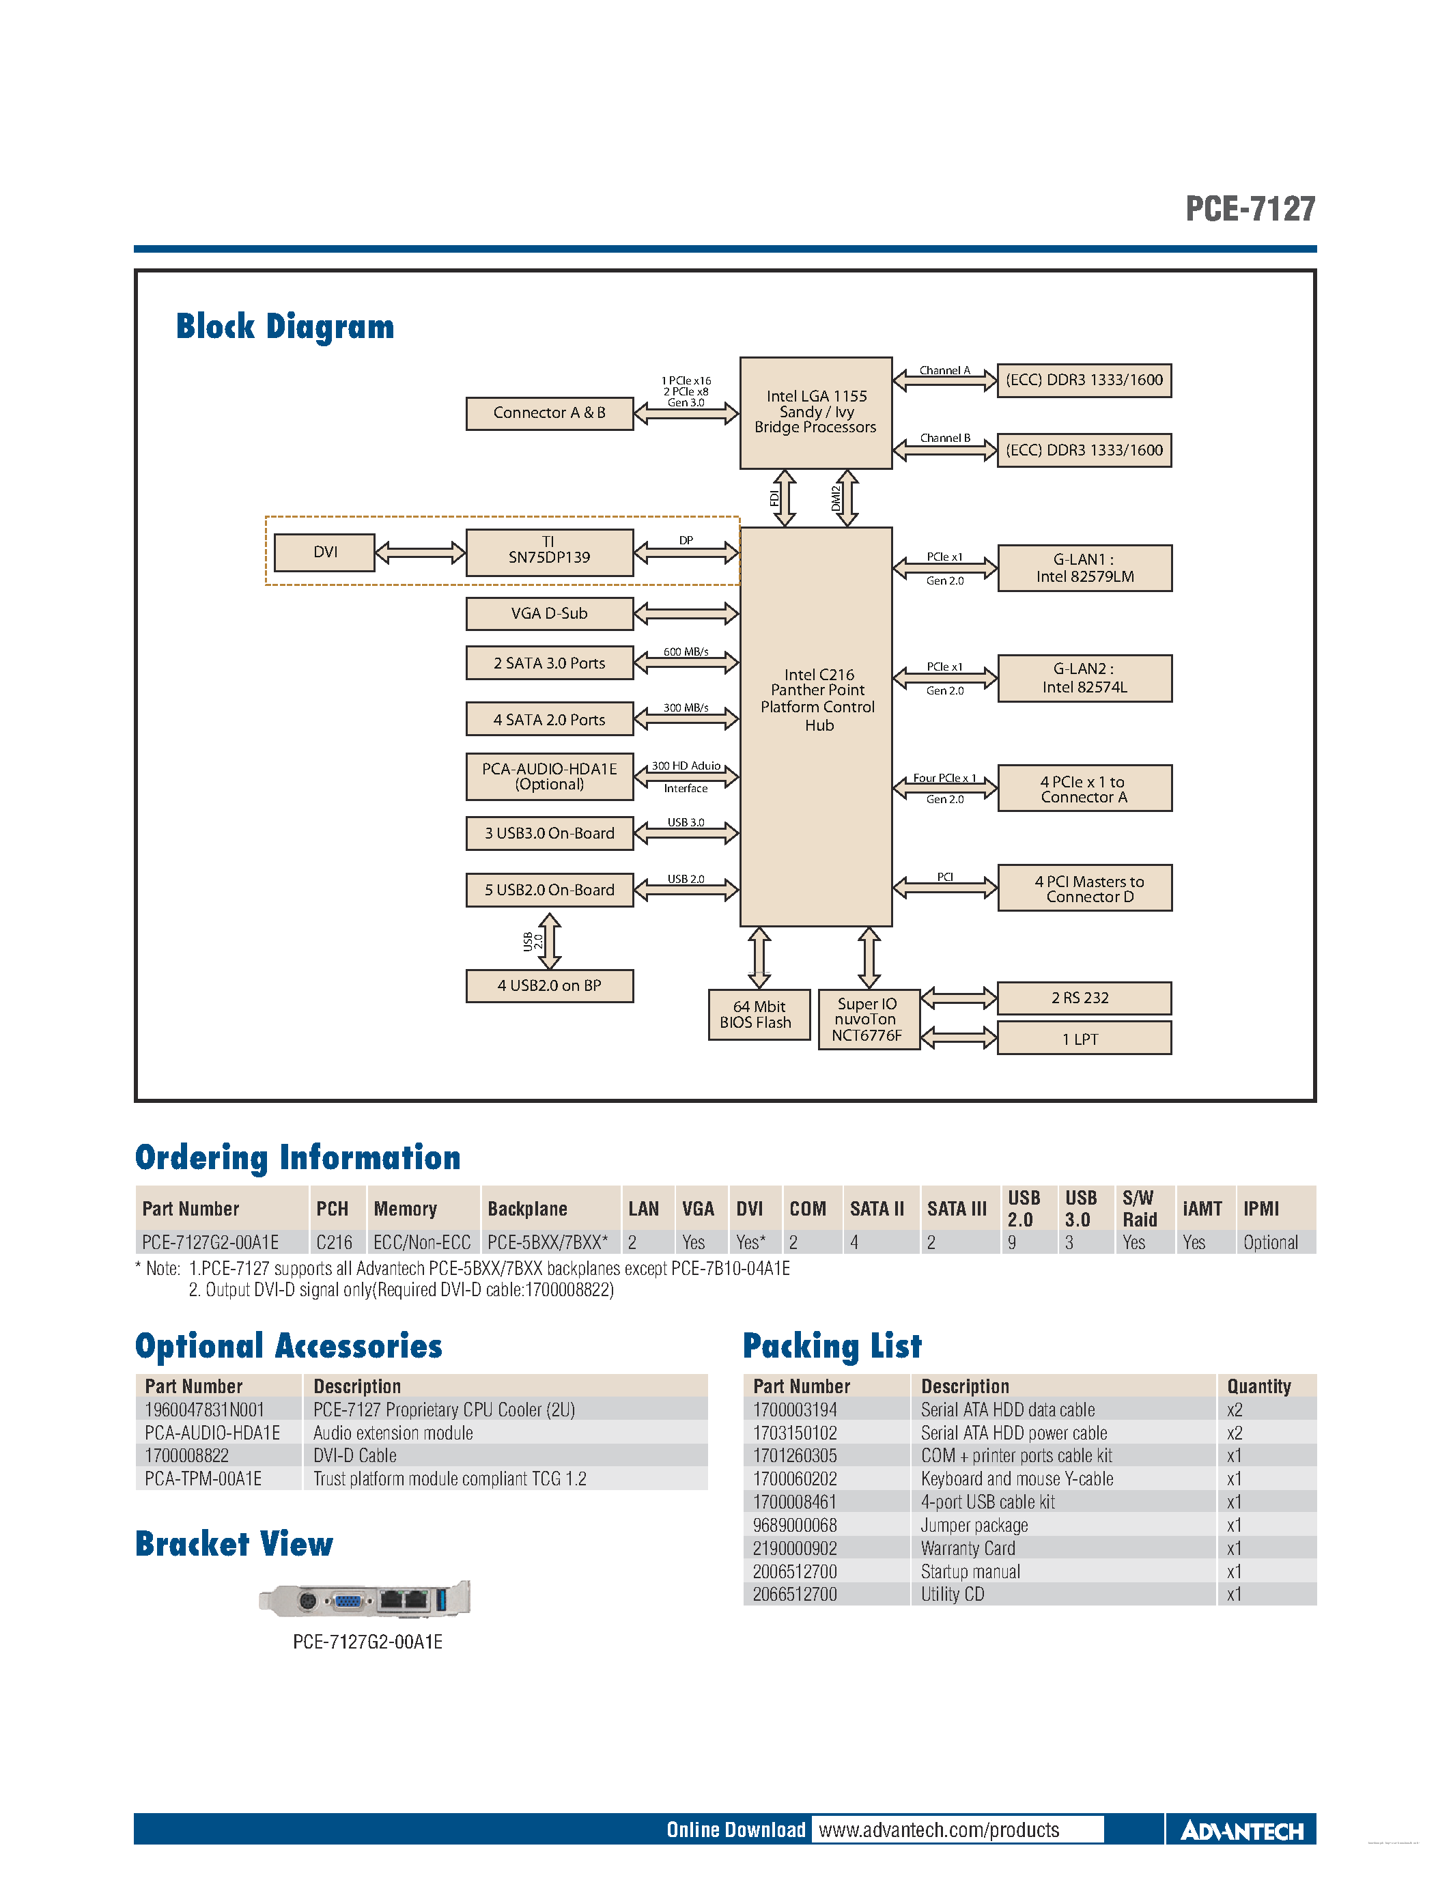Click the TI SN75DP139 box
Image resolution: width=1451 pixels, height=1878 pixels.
coord(549,552)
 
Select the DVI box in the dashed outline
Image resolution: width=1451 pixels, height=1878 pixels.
coord(324,552)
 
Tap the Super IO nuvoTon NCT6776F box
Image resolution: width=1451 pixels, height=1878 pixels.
coord(868,1020)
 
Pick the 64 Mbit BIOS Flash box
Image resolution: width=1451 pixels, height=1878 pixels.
coord(758,1015)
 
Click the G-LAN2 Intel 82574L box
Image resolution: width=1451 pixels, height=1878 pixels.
coord(1084,678)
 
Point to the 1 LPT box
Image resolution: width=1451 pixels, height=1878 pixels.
coord(1083,1039)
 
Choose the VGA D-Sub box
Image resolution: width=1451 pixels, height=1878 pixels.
coord(549,614)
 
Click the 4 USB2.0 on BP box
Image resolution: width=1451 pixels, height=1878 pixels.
coord(549,986)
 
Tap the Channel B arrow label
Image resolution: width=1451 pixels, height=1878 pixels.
coord(945,438)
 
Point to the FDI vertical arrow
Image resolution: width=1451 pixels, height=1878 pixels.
coord(784,498)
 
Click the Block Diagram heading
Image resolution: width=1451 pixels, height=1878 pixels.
coord(285,326)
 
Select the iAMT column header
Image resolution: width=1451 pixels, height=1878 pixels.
coord(1202,1209)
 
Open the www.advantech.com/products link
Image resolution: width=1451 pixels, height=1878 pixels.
coord(939,1830)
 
